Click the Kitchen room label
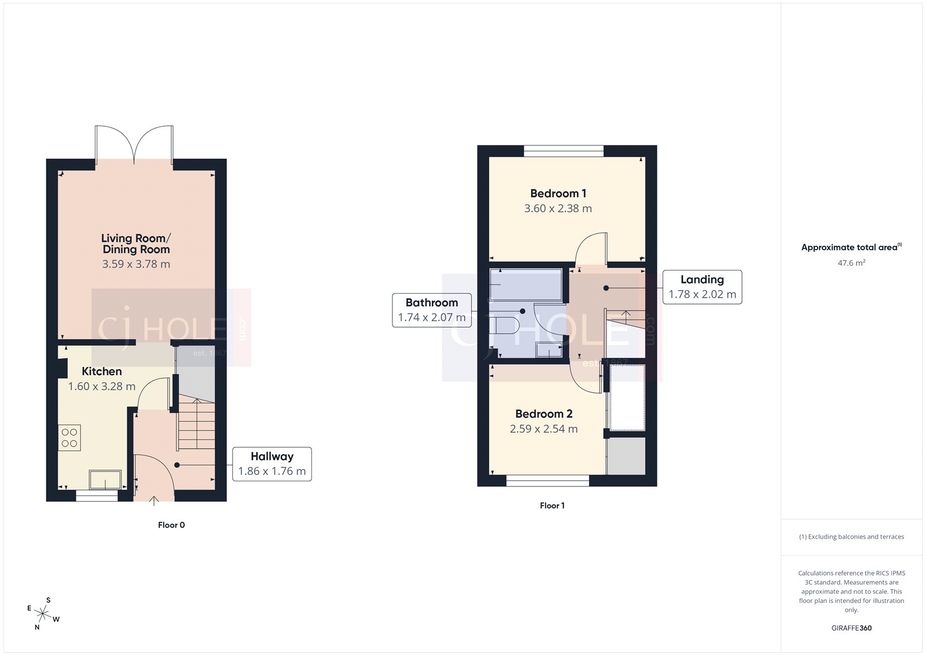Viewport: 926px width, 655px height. pos(101,371)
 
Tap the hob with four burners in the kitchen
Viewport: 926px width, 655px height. pos(69,438)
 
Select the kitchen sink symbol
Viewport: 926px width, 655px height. pos(105,480)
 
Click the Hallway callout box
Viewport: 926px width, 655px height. pos(271,464)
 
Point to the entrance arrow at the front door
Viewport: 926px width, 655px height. pos(154,501)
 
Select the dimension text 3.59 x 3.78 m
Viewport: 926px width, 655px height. pos(136,264)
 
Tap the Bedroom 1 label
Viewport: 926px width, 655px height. pos(558,193)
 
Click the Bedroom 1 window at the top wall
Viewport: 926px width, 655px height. pos(564,151)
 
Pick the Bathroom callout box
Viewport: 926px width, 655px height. pos(432,310)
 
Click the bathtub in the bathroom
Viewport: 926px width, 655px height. pos(526,284)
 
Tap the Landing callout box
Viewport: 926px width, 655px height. pos(702,287)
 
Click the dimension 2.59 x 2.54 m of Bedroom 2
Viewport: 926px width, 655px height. pos(543,429)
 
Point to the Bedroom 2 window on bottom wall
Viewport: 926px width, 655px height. pos(547,481)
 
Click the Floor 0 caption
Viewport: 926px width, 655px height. pos(171,525)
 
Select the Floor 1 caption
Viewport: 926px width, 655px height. pos(552,506)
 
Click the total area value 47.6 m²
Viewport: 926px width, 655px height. pos(851,263)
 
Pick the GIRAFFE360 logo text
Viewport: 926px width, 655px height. pos(851,628)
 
